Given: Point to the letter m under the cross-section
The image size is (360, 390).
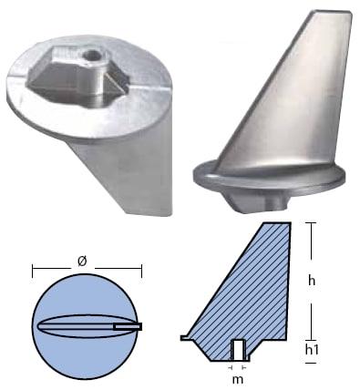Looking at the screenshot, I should pos(237,377).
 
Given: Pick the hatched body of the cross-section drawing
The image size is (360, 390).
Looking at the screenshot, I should pos(251,292).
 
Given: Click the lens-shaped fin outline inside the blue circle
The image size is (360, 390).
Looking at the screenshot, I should pos(77,325).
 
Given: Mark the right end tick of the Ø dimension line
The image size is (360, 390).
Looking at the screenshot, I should pos(142,272).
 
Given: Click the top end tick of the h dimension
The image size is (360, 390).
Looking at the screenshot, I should pos(312,224).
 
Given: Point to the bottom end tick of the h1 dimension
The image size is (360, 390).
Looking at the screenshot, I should pos(312,363).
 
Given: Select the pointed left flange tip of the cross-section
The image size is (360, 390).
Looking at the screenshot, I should pos(182,338).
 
